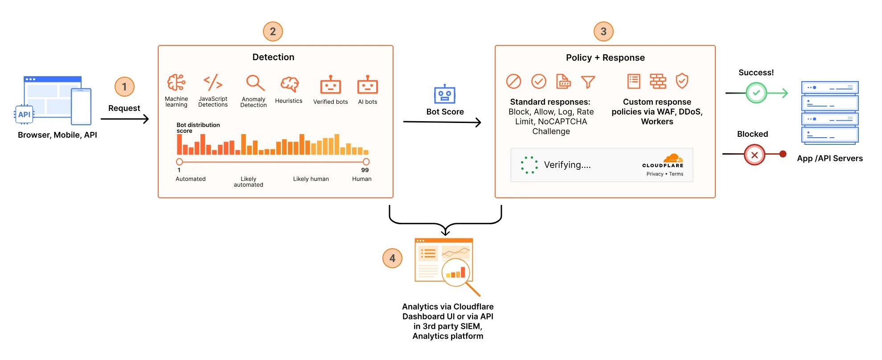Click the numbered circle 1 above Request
click(124, 86)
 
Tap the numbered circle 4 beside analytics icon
click(392, 258)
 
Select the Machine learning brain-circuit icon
click(176, 83)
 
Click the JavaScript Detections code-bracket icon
click(213, 82)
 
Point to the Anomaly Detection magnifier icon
click(255, 83)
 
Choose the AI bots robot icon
click(367, 85)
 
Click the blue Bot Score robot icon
click(444, 94)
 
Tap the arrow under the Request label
click(124, 119)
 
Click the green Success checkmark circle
click(756, 93)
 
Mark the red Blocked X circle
click(754, 155)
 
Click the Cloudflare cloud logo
click(673, 158)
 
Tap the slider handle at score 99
click(366, 162)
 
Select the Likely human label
click(311, 179)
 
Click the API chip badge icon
click(24, 115)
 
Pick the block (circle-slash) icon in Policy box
click(513, 81)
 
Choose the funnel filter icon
click(588, 82)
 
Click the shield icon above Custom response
click(682, 81)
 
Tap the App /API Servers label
click(829, 159)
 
